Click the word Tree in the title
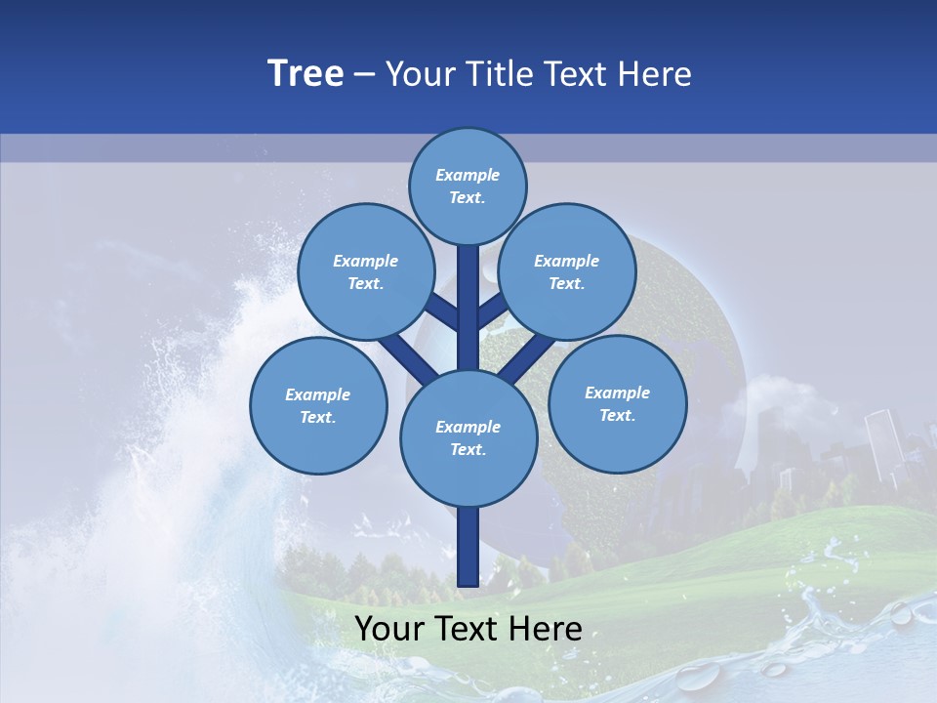pyautogui.click(x=306, y=73)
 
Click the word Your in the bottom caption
pyautogui.click(x=390, y=629)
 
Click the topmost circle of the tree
pyautogui.click(x=468, y=186)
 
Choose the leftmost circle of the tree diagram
pyautogui.click(x=318, y=405)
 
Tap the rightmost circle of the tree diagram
pyautogui.click(x=617, y=403)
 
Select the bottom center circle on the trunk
pyautogui.click(x=468, y=437)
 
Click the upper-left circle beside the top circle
pyautogui.click(x=366, y=271)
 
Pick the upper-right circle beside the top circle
pyautogui.click(x=567, y=271)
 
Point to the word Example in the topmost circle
pyautogui.click(x=468, y=175)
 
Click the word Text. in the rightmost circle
pyautogui.click(x=617, y=415)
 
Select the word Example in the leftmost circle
pyautogui.click(x=318, y=394)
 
